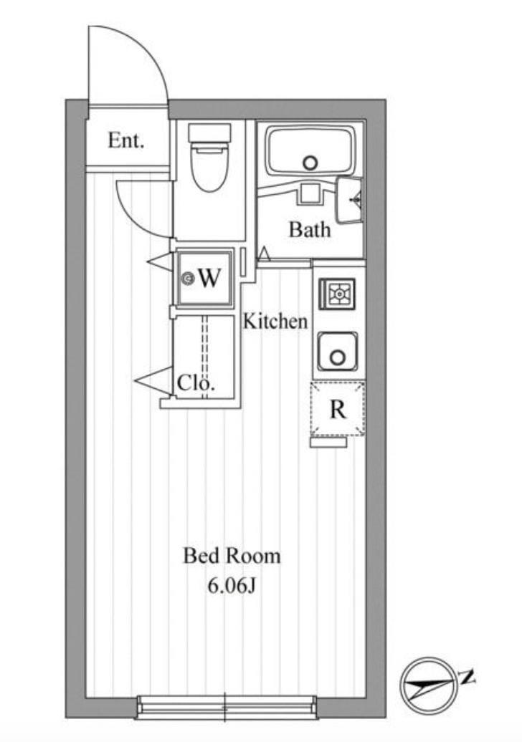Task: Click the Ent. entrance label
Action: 126,140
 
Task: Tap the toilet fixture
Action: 209,158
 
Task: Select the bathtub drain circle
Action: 310,163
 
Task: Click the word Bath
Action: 310,230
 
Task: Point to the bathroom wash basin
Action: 351,200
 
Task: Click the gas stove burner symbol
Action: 338,294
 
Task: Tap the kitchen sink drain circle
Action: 336,355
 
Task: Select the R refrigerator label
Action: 338,410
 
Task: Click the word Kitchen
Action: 275,322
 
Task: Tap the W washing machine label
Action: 209,278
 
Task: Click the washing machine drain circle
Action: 189,279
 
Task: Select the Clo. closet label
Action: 196,383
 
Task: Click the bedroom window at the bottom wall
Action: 225,706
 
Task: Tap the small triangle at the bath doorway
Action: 265,254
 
